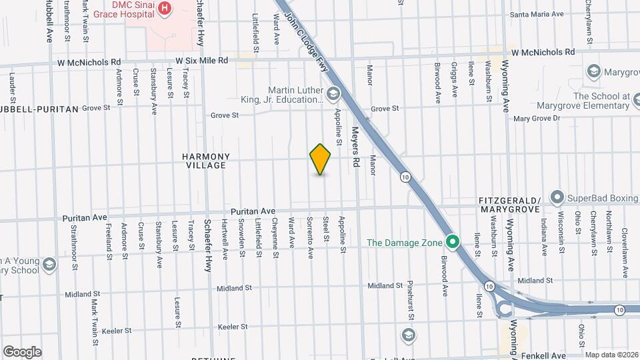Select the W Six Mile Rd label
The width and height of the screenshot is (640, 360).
pyautogui.click(x=198, y=61)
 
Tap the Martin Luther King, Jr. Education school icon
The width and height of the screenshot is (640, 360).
pyautogui.click(x=333, y=93)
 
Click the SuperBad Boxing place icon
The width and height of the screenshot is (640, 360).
pyautogui.click(x=557, y=197)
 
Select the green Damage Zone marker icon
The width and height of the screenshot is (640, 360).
pyautogui.click(x=453, y=242)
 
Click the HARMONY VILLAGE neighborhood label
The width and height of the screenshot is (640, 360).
pyautogui.click(x=206, y=161)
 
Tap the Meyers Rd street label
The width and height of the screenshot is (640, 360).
pyautogui.click(x=356, y=147)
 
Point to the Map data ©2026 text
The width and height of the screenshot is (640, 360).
pyautogui.click(x=611, y=355)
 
